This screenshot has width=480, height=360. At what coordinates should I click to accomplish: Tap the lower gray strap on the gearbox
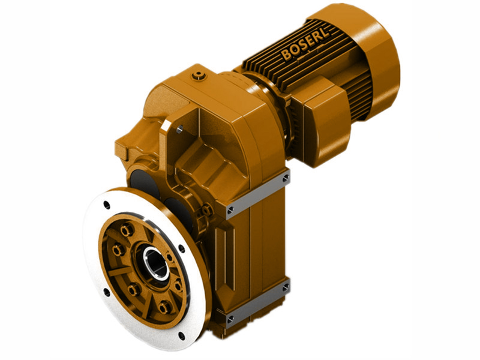pos(257,302)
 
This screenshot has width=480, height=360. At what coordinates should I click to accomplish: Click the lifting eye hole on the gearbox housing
pos(179,128)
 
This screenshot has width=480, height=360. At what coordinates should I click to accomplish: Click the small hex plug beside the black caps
pos(206,210)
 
